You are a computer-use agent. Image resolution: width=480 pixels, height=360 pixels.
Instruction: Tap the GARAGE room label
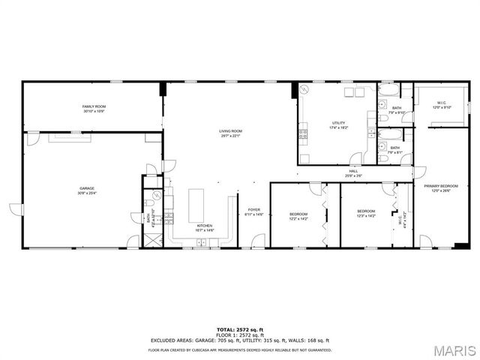tap(88, 190)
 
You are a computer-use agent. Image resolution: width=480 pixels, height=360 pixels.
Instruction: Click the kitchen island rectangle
tap(196, 204)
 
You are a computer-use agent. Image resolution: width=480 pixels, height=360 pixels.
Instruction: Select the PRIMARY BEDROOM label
tap(440, 187)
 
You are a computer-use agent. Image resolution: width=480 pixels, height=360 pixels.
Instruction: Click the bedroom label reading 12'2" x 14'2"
tap(298, 216)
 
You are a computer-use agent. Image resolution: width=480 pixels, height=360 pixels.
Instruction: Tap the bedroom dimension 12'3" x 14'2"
tap(366, 214)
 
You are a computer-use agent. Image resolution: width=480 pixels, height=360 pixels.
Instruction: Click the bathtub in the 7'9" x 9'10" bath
tap(388, 91)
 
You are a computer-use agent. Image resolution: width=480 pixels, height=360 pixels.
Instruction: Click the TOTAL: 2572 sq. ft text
tap(240, 329)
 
